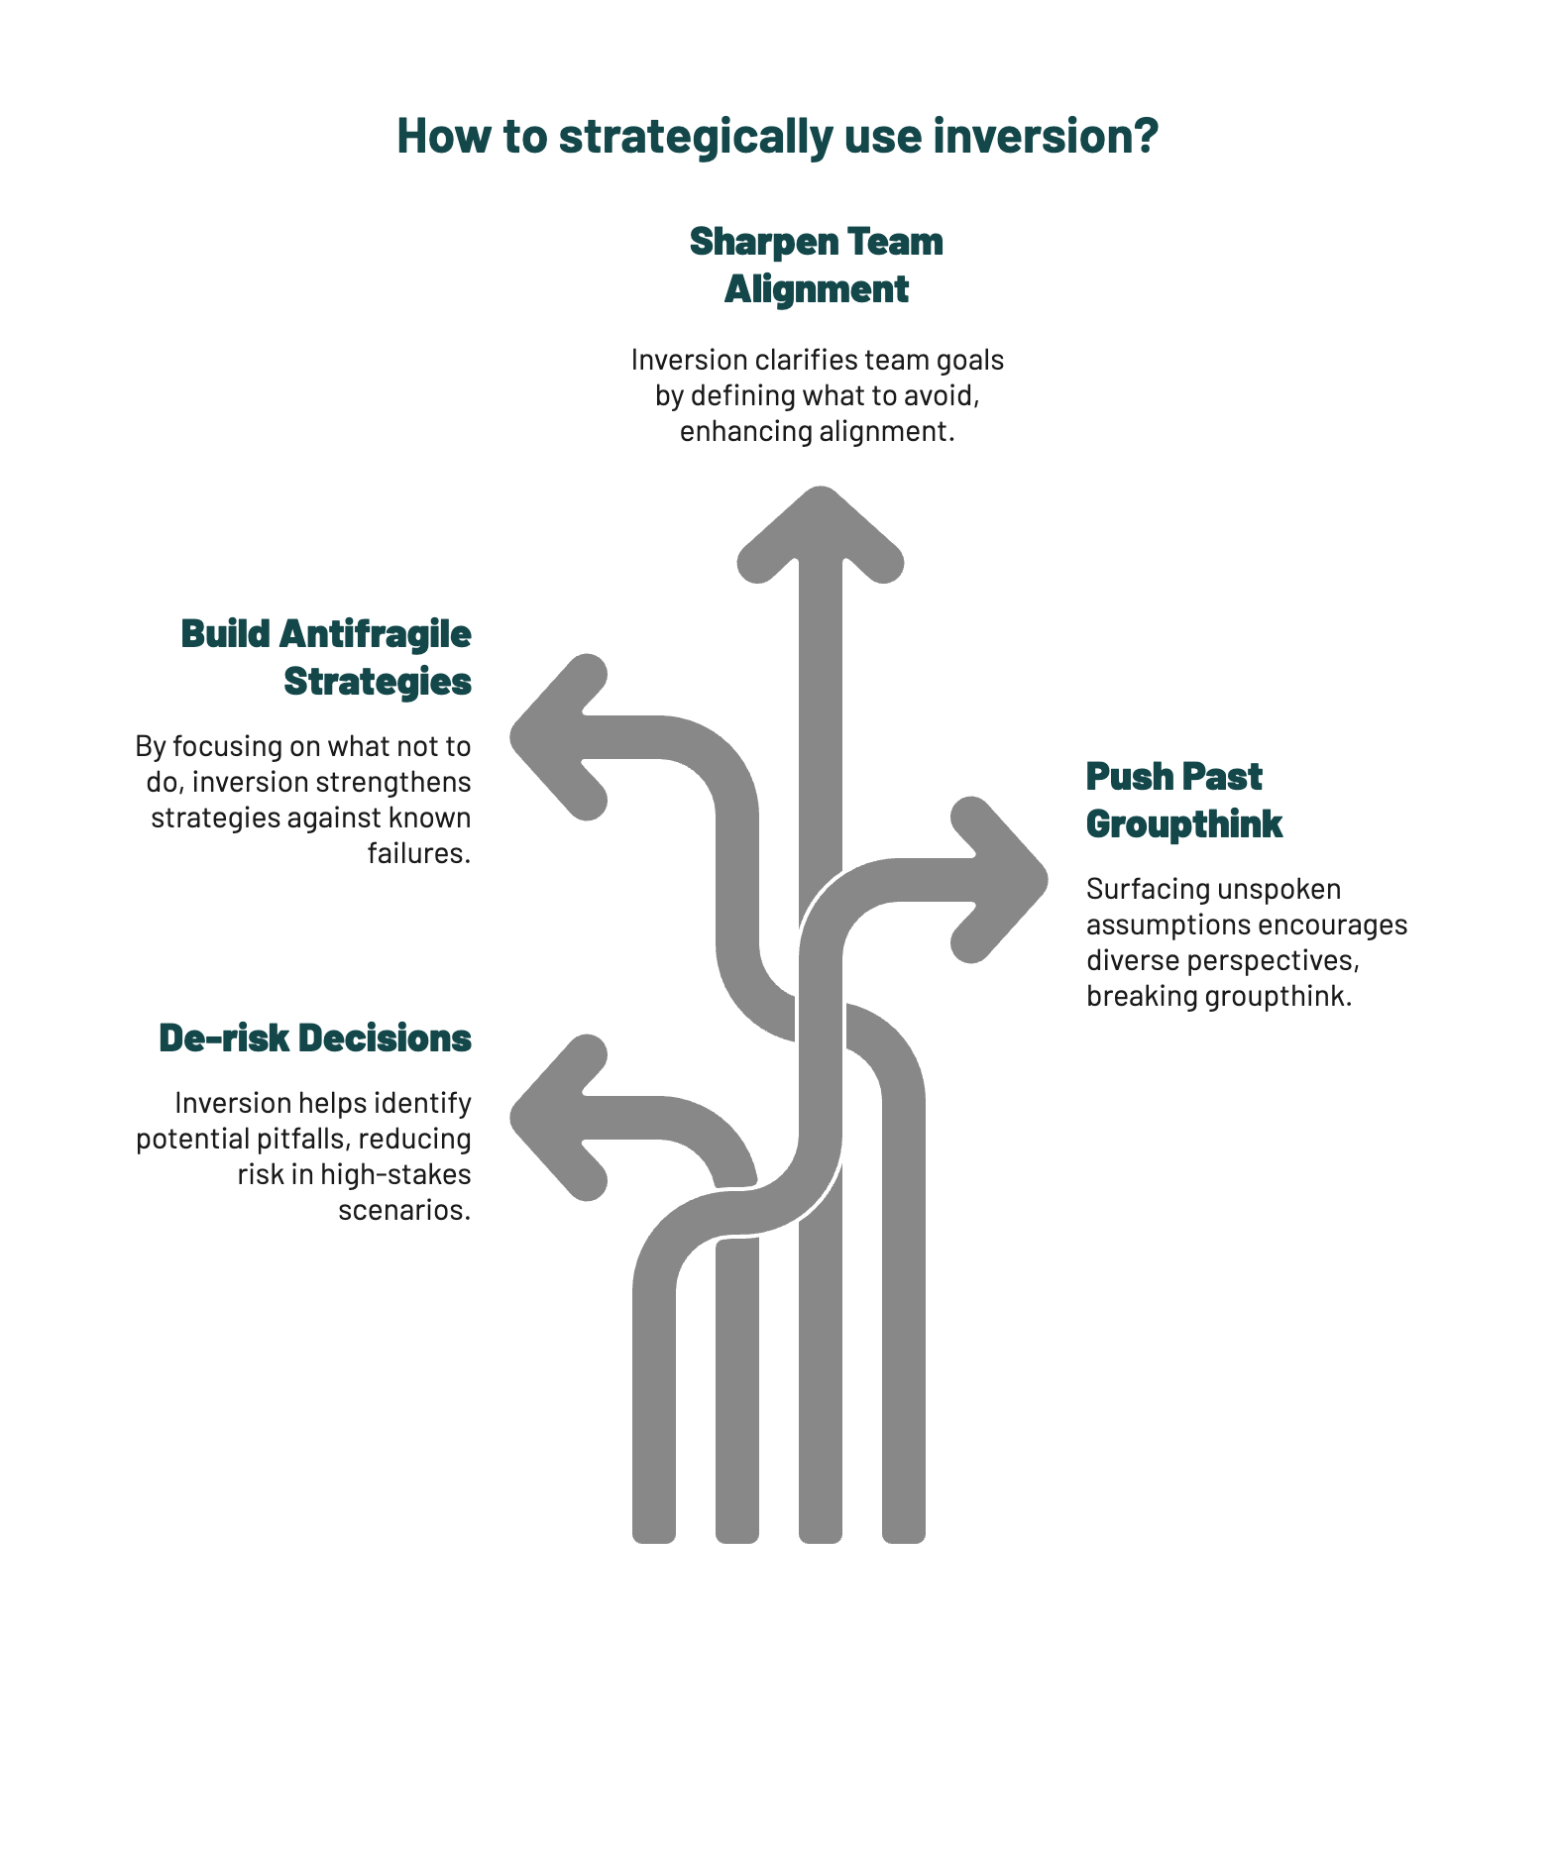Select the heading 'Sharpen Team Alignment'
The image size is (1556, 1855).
816,266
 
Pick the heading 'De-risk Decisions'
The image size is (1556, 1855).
315,1038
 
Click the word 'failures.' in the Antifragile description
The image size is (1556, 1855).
419,853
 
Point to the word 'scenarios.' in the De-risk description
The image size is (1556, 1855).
404,1210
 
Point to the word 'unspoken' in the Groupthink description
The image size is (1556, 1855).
1278,889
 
